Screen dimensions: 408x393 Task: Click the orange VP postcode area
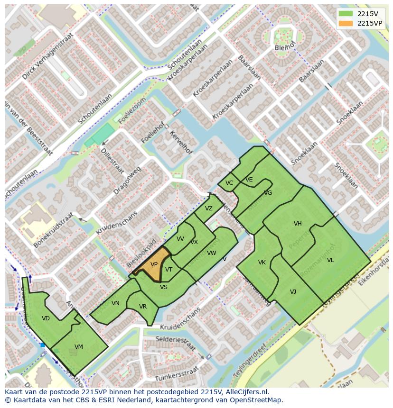(x=153, y=265)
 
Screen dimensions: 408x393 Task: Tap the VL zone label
(x=330, y=260)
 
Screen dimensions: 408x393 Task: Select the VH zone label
(x=298, y=224)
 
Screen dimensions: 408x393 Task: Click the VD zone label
(x=46, y=318)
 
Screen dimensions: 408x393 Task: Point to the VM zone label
(x=79, y=347)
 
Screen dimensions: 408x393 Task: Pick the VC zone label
(x=229, y=183)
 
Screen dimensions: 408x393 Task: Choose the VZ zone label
(x=209, y=209)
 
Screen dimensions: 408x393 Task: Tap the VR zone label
(x=143, y=307)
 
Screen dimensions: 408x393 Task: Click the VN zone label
(x=115, y=303)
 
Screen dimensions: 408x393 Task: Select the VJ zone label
(x=293, y=292)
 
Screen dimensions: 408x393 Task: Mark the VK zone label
(x=262, y=263)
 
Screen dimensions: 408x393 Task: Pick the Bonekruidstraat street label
(x=54, y=230)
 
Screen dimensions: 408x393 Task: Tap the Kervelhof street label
(x=181, y=142)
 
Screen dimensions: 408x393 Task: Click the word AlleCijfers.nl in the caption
(x=247, y=392)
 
